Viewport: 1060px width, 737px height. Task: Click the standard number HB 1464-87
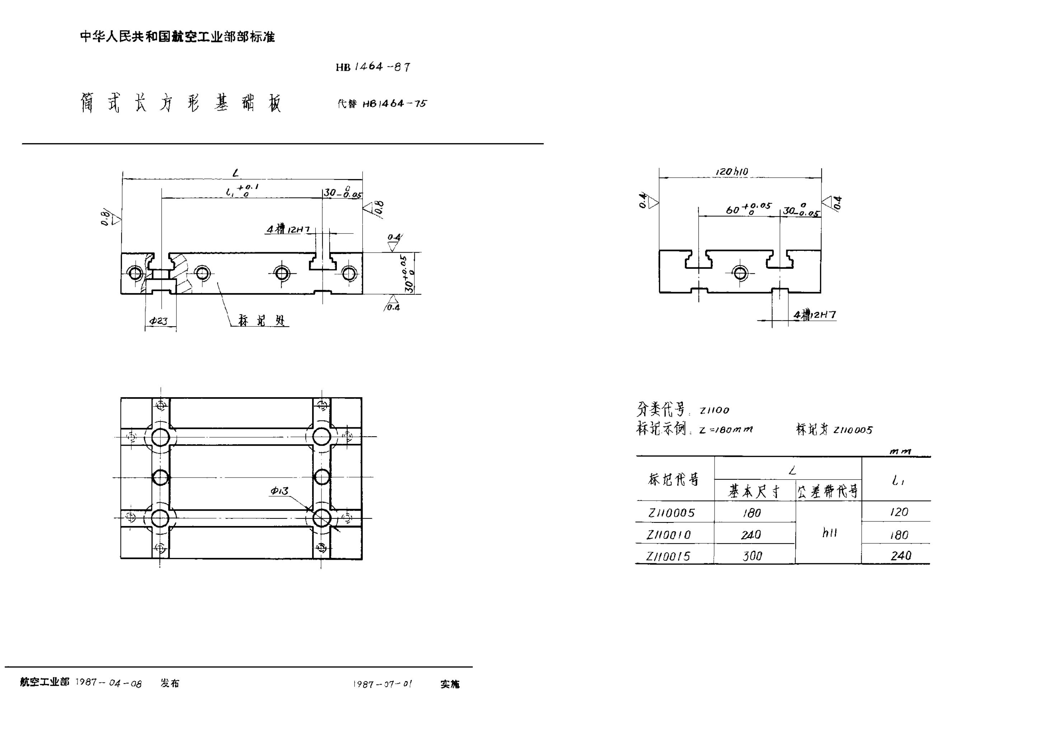[x=373, y=67]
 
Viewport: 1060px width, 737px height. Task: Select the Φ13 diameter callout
[x=279, y=491]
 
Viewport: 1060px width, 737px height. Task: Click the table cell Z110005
[x=671, y=513]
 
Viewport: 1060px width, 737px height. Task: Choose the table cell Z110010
[x=669, y=535]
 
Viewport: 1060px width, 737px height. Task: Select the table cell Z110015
[x=668, y=557]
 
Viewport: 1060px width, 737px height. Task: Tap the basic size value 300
[x=752, y=556]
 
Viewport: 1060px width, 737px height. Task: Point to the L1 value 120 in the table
[x=899, y=512]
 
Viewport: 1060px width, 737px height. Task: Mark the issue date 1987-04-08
[x=108, y=683]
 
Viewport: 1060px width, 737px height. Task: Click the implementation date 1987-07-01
[x=383, y=684]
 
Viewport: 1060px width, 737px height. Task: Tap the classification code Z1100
[x=714, y=410]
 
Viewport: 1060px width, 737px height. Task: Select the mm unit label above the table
[x=900, y=451]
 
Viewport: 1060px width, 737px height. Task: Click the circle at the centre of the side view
[x=740, y=273]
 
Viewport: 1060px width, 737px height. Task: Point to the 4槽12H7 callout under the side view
[x=814, y=315]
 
